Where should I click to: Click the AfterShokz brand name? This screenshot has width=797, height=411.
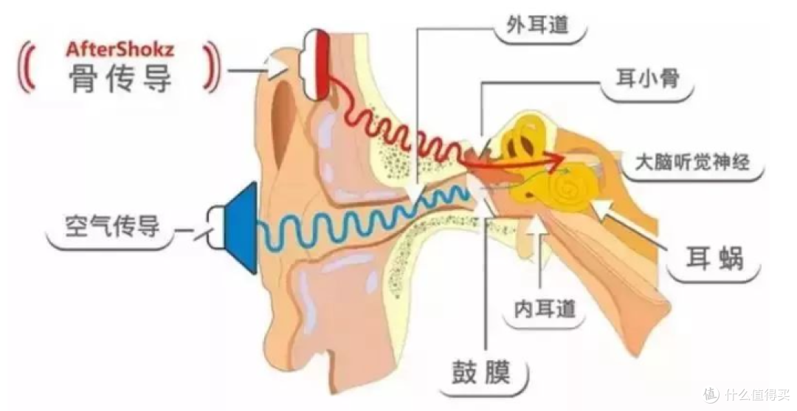[120, 49]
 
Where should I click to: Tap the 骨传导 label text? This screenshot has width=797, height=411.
[120, 79]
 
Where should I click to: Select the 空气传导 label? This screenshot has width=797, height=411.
[112, 227]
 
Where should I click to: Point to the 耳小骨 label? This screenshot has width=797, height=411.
[648, 79]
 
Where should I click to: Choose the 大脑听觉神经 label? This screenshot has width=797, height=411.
[692, 162]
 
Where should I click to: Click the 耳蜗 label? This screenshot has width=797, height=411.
[714, 258]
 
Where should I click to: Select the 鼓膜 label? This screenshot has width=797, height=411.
[481, 373]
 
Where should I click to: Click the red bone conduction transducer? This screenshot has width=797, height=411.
[321, 64]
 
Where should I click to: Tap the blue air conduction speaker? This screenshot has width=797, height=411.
[241, 228]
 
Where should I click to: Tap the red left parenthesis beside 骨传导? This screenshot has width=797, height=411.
[27, 69]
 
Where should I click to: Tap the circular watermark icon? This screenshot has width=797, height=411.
[711, 393]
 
